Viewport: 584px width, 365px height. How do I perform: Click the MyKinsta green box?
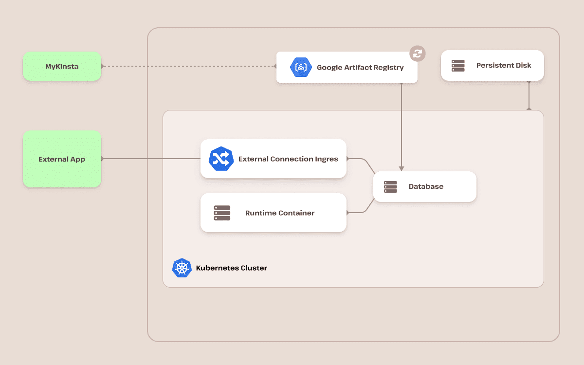tap(62, 66)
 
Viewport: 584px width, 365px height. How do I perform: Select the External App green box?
tap(62, 159)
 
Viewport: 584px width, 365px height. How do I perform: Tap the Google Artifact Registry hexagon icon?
tap(301, 67)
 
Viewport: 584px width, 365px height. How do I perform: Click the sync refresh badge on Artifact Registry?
tap(417, 54)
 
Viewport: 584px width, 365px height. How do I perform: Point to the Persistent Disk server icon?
tap(458, 66)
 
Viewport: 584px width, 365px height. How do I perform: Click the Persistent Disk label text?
tap(504, 66)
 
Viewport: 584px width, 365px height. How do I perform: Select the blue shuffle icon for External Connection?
tap(221, 159)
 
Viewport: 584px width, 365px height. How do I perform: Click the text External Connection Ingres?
tap(288, 159)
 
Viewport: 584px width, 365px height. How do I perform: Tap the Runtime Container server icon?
tap(222, 213)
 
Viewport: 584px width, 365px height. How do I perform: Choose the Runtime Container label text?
tap(280, 213)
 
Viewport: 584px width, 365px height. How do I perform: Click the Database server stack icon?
tap(390, 187)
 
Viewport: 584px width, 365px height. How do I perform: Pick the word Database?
tap(426, 187)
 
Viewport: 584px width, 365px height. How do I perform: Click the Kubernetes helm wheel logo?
tap(182, 268)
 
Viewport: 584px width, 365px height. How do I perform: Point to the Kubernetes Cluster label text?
tap(232, 268)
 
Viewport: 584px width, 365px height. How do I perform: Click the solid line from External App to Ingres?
tap(151, 159)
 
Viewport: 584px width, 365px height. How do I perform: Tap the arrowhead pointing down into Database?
tap(401, 168)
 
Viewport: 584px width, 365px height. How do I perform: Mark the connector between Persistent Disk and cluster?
tap(529, 96)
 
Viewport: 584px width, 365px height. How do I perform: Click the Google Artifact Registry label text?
tap(360, 68)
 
